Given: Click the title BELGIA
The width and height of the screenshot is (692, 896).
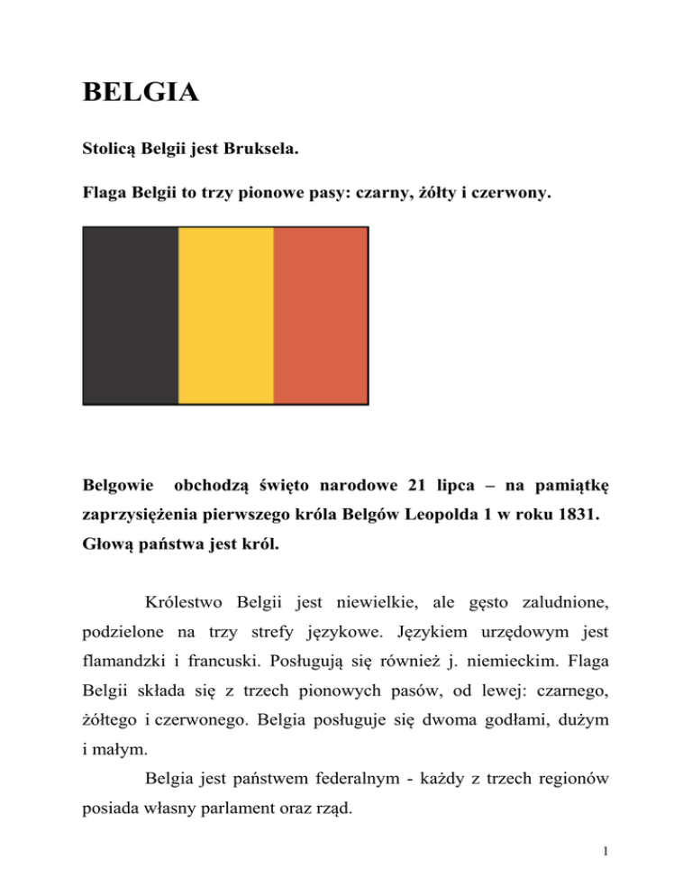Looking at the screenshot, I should (140, 92).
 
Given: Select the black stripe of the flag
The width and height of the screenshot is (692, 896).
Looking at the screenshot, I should (130, 315).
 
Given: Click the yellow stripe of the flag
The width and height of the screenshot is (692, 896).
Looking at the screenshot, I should (225, 315).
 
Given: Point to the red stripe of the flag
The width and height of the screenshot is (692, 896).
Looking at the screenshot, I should (321, 315).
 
